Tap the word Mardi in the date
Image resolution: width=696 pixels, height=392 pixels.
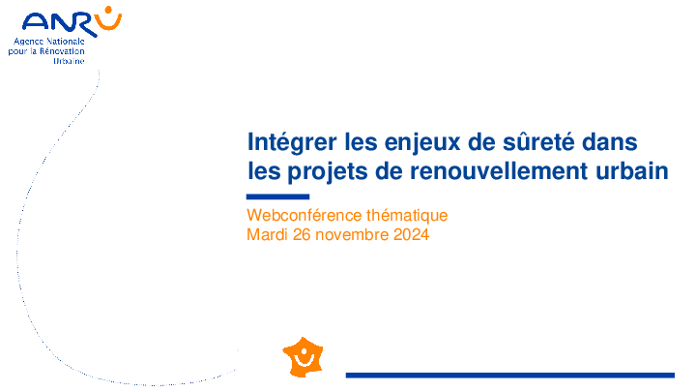(x=267, y=234)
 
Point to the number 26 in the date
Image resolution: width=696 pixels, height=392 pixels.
(x=302, y=234)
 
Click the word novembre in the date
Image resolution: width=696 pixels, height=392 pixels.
(x=352, y=234)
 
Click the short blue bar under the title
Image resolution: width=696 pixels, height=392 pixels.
(x=277, y=196)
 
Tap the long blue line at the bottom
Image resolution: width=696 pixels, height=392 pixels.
(x=510, y=376)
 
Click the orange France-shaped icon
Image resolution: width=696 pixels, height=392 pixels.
(x=304, y=357)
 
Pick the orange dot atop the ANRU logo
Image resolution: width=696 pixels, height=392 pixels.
(x=108, y=10)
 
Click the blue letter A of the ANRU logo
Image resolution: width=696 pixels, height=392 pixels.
(x=34, y=21)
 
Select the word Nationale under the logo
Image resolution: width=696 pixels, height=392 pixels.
(x=66, y=42)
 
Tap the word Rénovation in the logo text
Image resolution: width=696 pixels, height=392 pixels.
(x=62, y=51)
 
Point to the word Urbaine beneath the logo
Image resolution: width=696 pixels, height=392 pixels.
(x=69, y=61)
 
